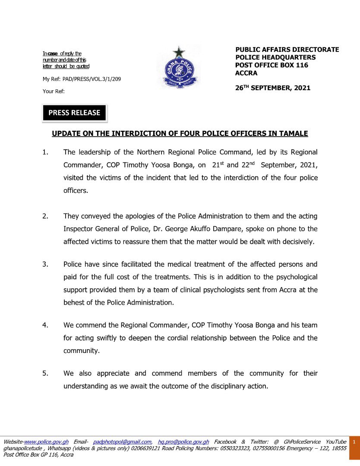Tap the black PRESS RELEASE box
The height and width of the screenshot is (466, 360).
[74, 113]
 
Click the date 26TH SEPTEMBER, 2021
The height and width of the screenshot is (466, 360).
[272, 88]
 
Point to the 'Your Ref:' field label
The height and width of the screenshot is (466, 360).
[54, 91]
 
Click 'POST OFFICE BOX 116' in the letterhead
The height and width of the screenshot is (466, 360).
[272, 65]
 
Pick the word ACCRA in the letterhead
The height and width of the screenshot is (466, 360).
[246, 73]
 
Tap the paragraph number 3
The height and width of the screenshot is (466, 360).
[45, 264]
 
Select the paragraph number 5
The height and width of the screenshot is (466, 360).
[45, 373]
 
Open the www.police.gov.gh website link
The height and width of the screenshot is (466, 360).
[46, 442]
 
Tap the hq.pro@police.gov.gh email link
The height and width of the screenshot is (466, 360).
[183, 442]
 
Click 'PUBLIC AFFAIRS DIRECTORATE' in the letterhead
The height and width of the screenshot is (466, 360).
[287, 50]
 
